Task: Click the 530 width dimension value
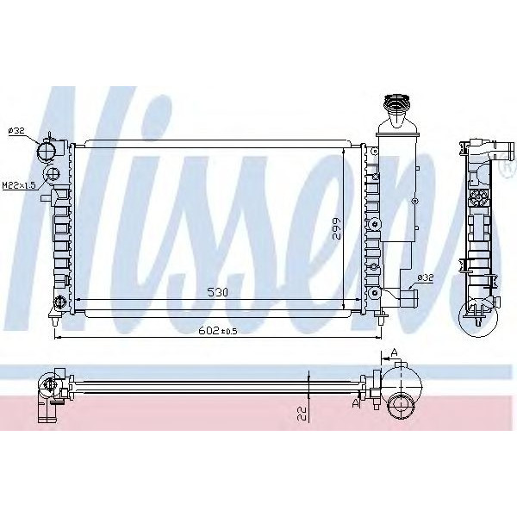pyautogui.click(x=218, y=293)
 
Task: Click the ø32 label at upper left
pyautogui.click(x=16, y=130)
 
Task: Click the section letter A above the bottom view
pyautogui.click(x=393, y=352)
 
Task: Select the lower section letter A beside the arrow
pyautogui.click(x=355, y=402)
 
